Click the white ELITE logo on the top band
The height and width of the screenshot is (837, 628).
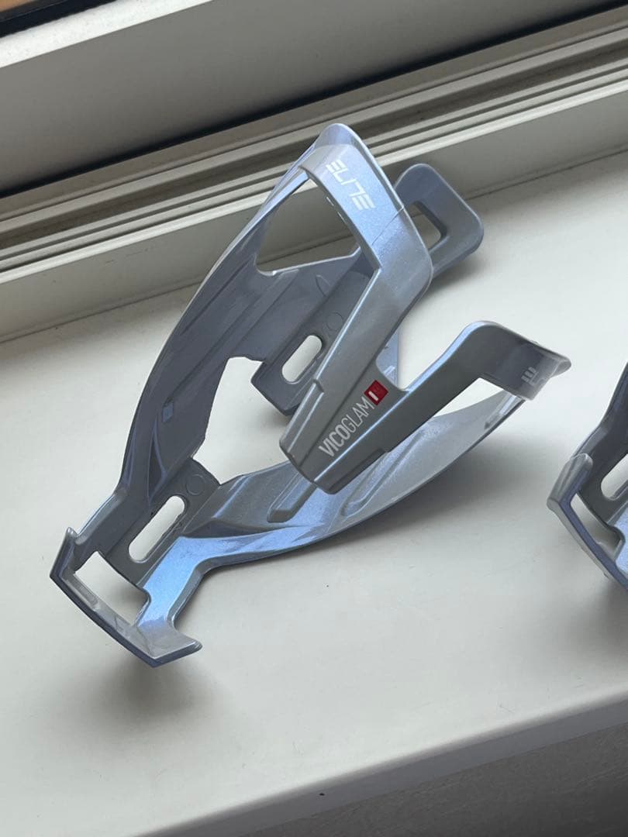350,185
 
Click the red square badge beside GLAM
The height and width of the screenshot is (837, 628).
377,392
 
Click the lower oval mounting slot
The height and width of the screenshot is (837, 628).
157,529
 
